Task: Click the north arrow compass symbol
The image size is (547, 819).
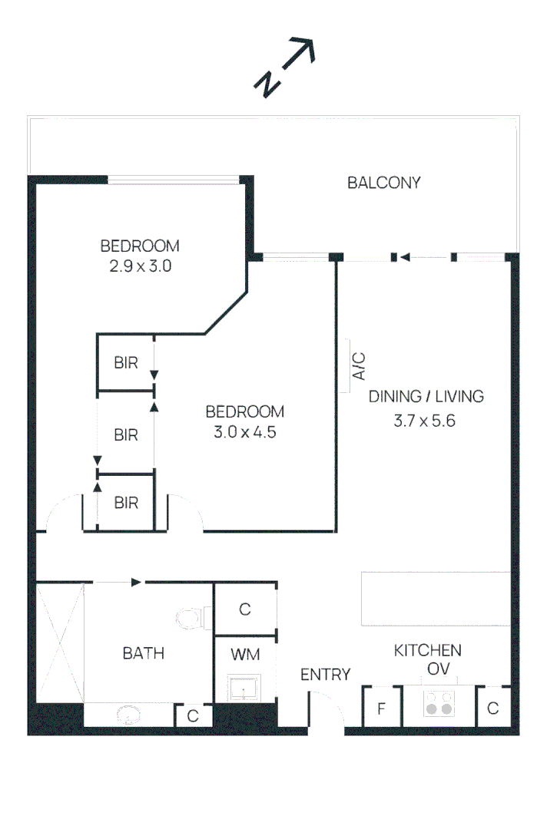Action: pos(285,68)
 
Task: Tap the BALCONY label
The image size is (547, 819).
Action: pos(383,183)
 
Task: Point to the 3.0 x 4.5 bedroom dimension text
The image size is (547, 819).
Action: pos(244,432)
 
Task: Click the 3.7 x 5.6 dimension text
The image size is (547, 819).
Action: pos(425,420)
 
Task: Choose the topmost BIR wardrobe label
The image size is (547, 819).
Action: pos(126,362)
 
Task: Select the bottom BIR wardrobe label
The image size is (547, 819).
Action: pos(126,503)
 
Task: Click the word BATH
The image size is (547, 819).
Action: pos(143,653)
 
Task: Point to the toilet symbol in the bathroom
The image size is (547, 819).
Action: pos(190,617)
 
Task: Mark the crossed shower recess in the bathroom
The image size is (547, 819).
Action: pos(60,642)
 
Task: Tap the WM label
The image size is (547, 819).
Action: pos(244,655)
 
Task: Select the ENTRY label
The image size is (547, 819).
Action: pos(325,675)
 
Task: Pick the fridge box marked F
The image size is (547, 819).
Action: pos(381,708)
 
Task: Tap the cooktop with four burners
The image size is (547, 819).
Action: pos(439,704)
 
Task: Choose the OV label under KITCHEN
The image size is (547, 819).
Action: pos(438,670)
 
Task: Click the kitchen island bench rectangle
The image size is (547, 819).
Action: pos(436,599)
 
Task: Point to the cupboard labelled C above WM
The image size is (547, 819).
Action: pos(245,609)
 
